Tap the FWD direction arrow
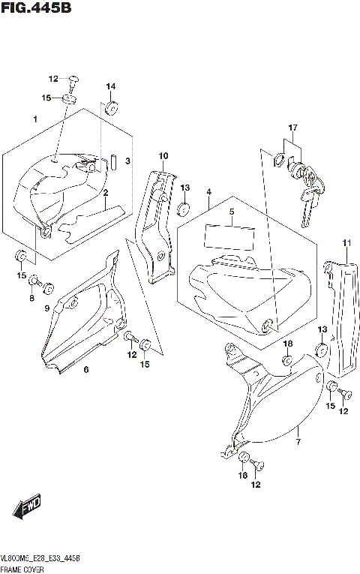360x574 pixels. pos(27,509)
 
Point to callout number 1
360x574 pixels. pos(34,119)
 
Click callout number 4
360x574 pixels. pos(208,193)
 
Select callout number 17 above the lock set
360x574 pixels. pos(292,128)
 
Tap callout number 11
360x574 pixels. pos(346,242)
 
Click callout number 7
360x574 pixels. pos(298,431)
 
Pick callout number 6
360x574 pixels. pos(85,369)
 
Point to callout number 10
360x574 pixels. pos(163,155)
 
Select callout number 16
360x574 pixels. pos(241,476)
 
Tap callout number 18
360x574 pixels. pos(286,344)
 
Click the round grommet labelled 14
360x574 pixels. pos(111,107)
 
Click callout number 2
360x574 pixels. pos(106,193)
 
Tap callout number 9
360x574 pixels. pos(46,308)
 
